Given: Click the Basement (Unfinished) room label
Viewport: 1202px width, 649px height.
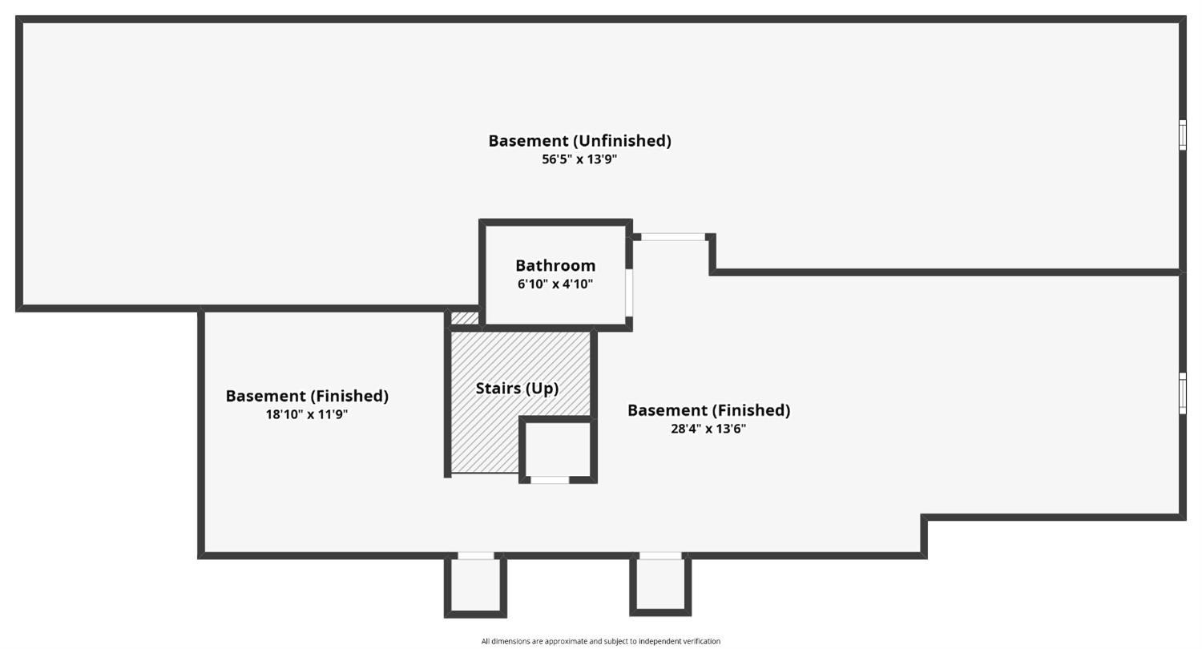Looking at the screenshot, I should tap(579, 141).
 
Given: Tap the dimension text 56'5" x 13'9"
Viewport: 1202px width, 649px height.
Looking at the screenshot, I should tap(579, 159).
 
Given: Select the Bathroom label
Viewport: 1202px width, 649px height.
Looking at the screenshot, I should tap(555, 265).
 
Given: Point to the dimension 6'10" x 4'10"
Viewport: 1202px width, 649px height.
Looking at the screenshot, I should tap(555, 284).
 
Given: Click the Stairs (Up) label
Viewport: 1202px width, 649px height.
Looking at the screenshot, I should tap(517, 389).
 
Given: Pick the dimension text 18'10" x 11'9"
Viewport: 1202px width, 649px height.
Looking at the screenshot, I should tap(307, 414).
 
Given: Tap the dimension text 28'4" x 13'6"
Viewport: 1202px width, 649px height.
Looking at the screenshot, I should tap(708, 429).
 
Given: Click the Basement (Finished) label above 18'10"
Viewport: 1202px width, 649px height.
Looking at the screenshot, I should tap(307, 396).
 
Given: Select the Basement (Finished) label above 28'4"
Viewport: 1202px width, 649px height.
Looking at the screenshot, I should tap(708, 410).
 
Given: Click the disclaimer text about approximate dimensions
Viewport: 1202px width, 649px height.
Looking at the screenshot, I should tap(601, 641).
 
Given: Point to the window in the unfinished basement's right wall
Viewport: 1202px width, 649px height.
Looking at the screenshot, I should tap(1182, 135).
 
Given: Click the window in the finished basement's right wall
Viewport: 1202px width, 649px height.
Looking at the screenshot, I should tap(1182, 394).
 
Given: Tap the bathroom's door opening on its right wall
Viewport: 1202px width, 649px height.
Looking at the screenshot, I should tap(629, 292).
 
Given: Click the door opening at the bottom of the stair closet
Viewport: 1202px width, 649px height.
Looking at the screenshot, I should tap(550, 480).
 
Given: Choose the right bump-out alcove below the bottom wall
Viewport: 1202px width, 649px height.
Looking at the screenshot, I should tap(660, 584).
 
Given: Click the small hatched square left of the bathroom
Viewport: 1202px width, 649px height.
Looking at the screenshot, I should tap(465, 318).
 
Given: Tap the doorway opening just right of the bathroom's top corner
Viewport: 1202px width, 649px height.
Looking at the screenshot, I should tap(673, 237).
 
